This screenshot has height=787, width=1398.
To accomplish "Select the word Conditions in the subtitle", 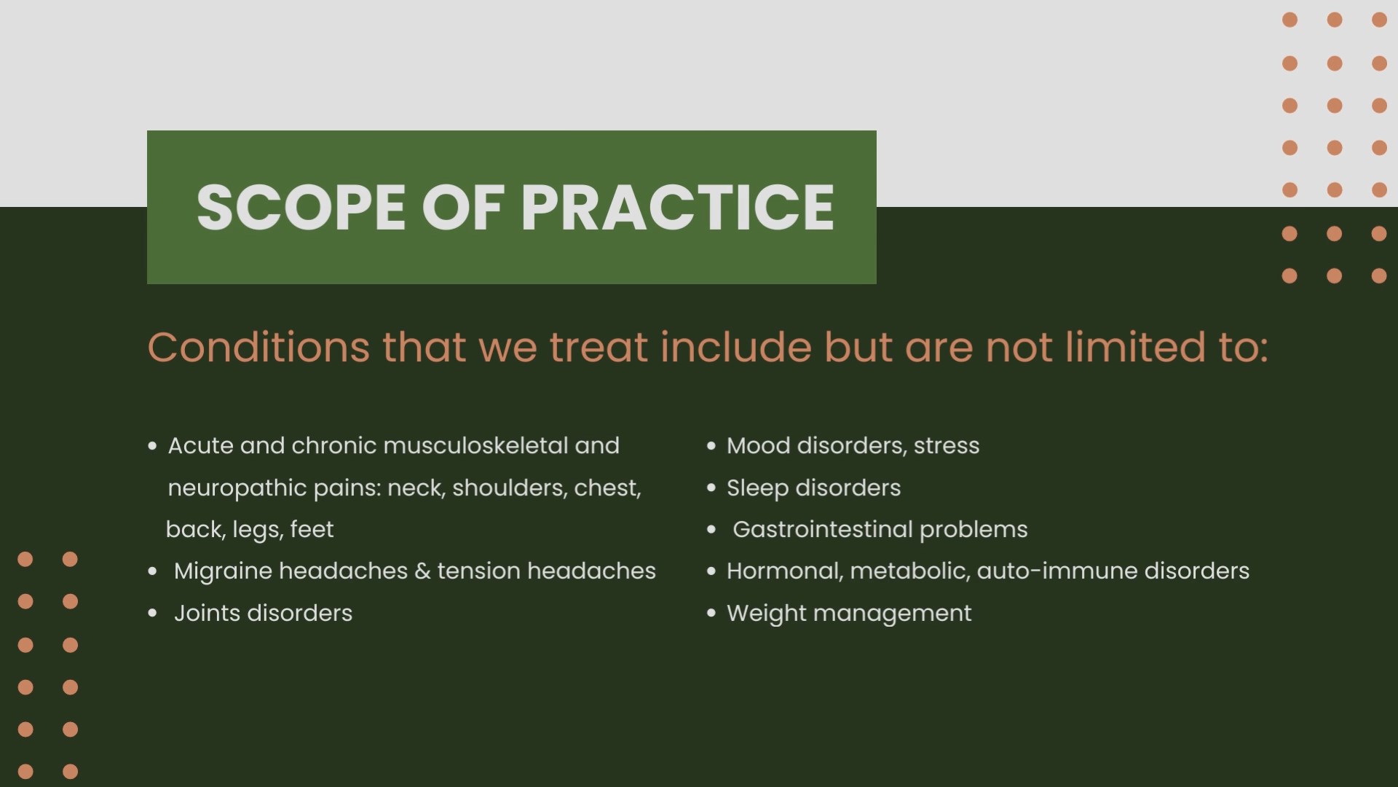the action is click(x=258, y=347).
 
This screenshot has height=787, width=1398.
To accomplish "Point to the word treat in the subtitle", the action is click(x=599, y=347).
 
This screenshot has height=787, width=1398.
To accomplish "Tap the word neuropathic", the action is click(x=237, y=488).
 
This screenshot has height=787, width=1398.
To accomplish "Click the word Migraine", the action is click(x=222, y=571).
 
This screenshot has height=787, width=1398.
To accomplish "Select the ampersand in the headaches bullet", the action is click(x=422, y=571).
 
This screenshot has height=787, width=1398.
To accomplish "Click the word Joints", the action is click(x=207, y=614).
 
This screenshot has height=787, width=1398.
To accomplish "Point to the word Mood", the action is click(x=758, y=445).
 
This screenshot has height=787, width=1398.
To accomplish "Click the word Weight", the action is click(x=766, y=614).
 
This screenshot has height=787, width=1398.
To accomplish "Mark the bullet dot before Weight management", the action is click(x=711, y=614).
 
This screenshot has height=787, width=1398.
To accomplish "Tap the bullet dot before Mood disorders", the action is click(x=711, y=446).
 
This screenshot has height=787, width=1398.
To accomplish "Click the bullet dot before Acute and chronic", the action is click(x=152, y=446).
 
